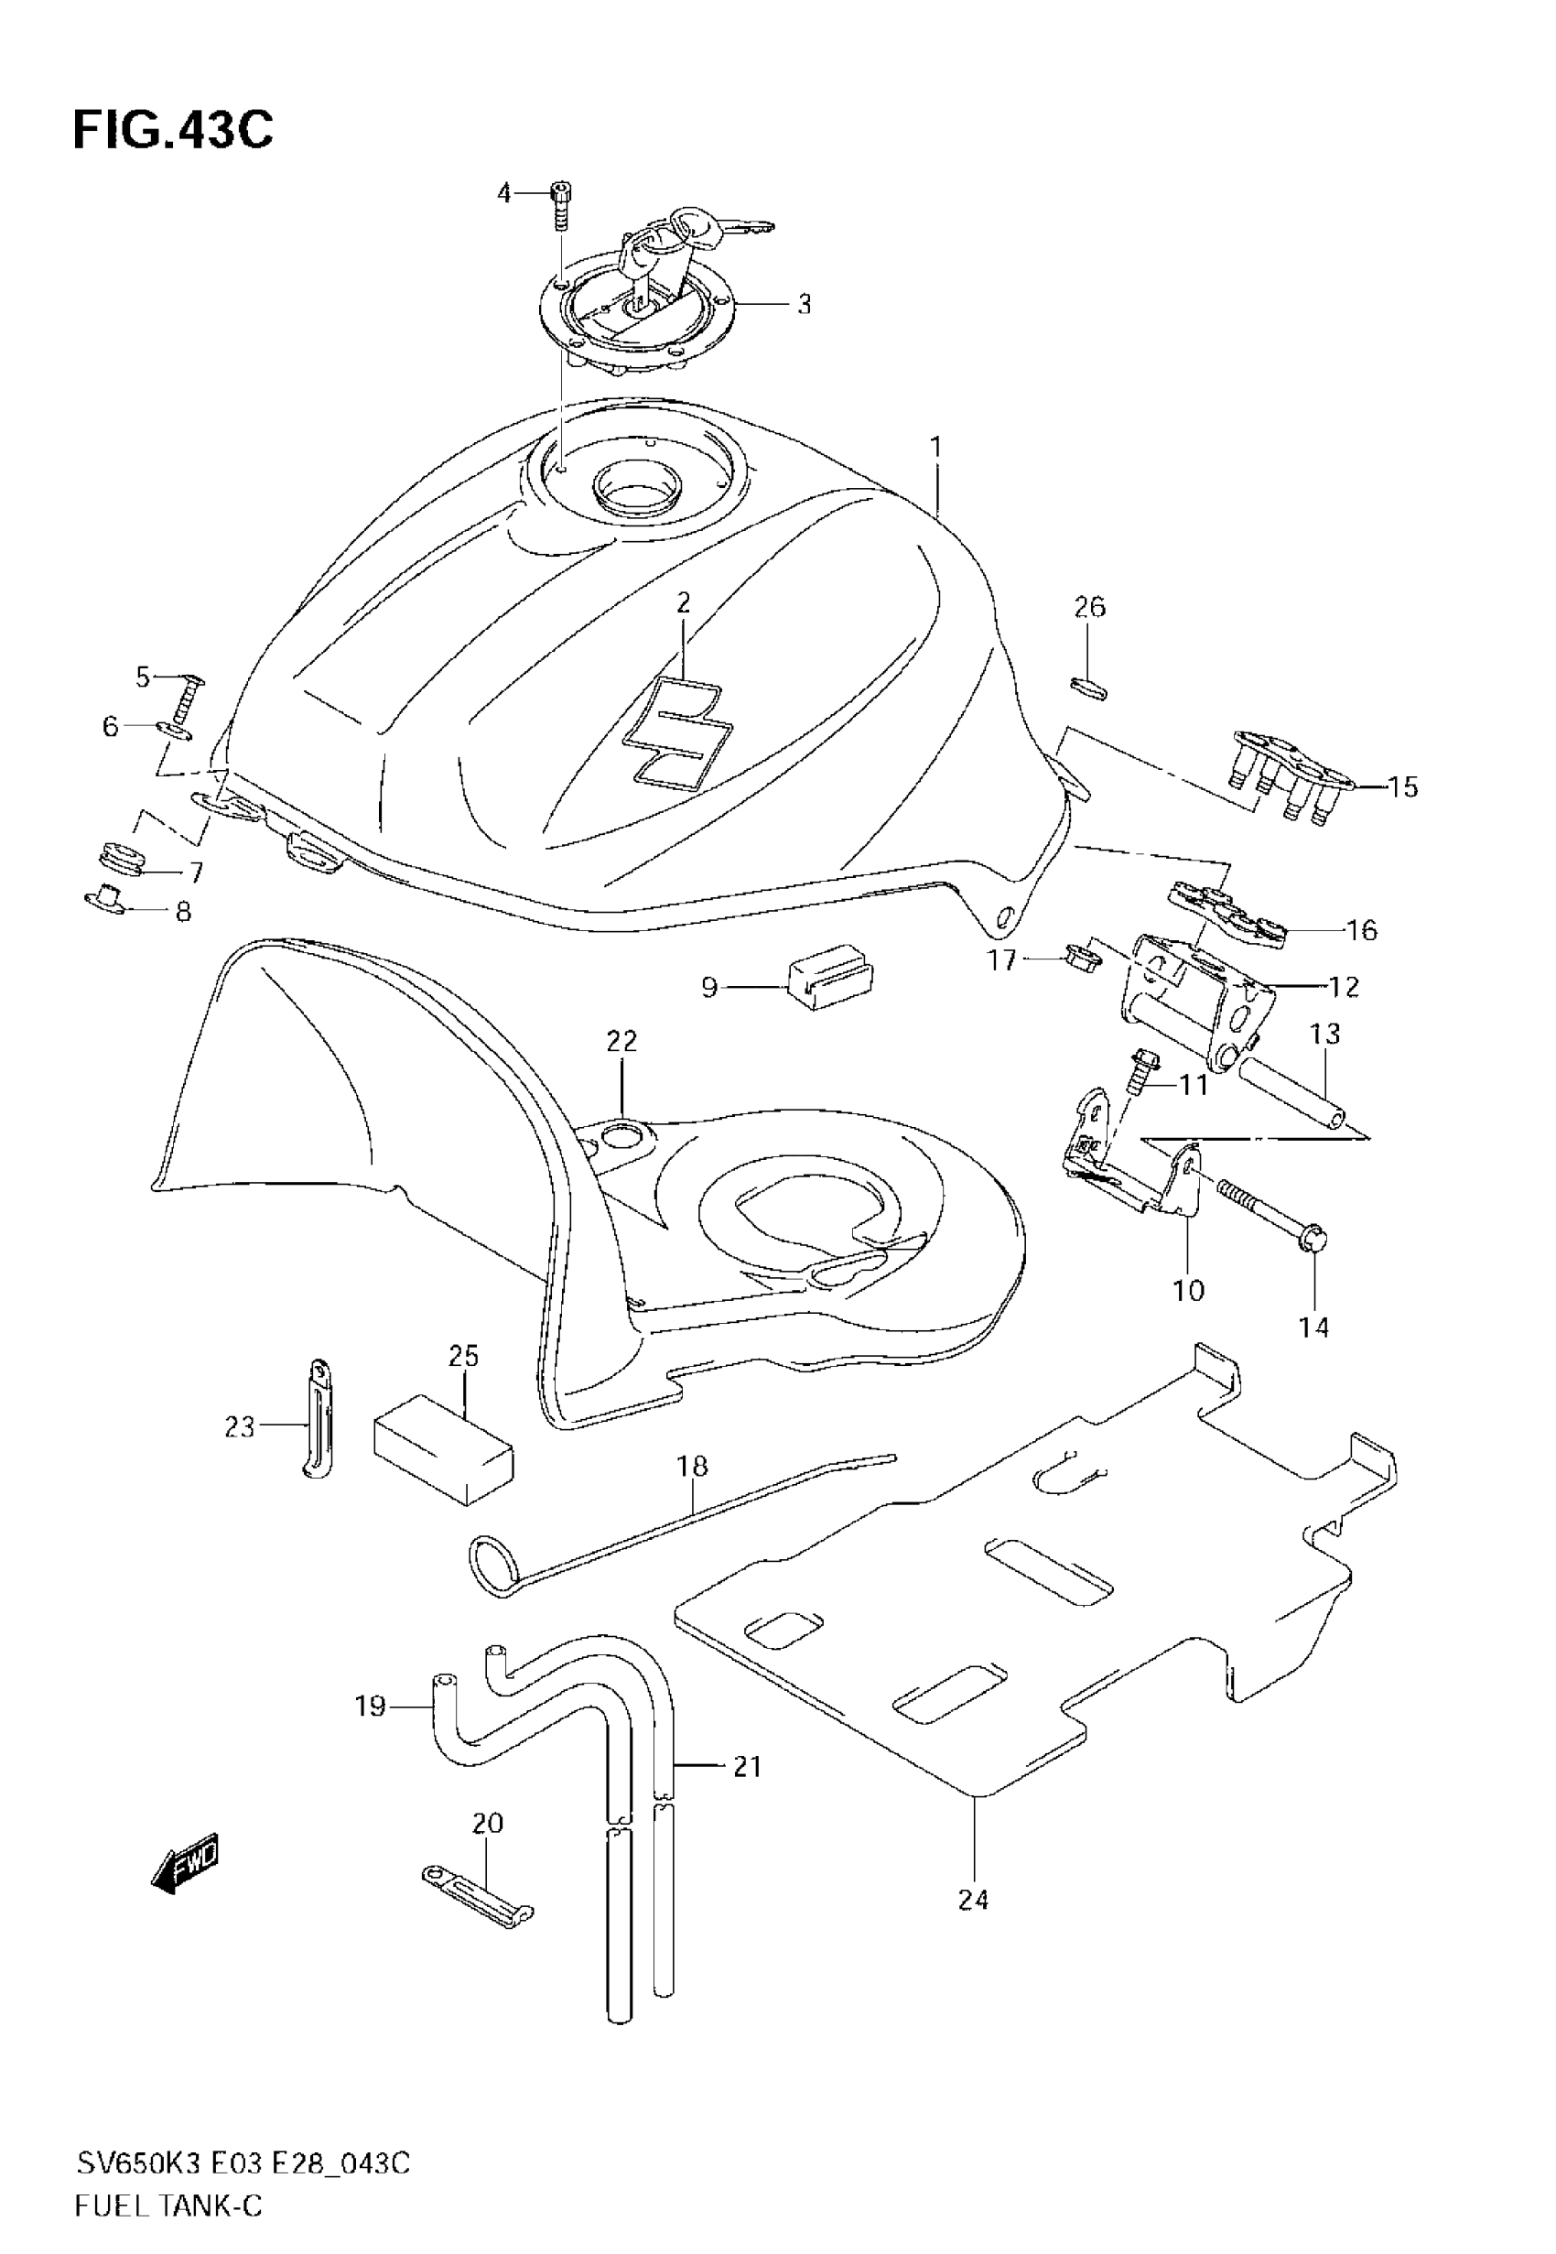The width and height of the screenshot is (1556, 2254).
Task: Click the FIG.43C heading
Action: click(x=173, y=130)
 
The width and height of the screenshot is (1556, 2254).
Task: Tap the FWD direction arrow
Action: click(x=186, y=1864)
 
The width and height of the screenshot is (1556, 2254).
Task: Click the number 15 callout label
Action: click(x=1403, y=786)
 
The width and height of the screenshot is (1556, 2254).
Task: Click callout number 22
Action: click(x=621, y=1041)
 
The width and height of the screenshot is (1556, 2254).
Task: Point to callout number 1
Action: click(x=935, y=448)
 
